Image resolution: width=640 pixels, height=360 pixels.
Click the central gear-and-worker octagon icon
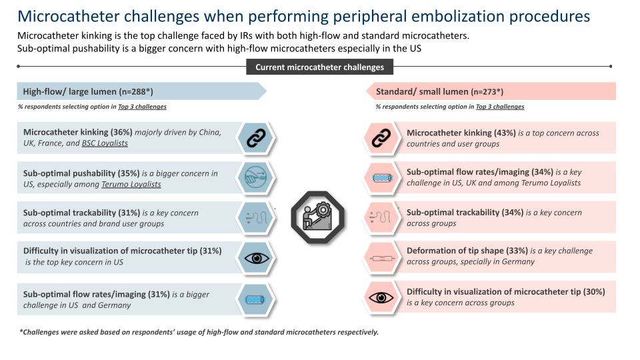(x=317, y=217)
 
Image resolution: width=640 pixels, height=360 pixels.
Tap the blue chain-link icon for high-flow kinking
(x=256, y=138)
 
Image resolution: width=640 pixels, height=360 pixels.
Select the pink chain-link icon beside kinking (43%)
(x=381, y=138)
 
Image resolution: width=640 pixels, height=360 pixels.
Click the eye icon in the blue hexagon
(x=256, y=258)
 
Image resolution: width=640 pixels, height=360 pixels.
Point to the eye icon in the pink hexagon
(x=381, y=297)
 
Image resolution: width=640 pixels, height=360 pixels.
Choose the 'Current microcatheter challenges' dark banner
(x=319, y=67)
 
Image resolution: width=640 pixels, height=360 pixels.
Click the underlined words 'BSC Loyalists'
(x=105, y=143)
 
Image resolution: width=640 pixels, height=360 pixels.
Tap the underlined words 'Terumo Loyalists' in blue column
(x=131, y=185)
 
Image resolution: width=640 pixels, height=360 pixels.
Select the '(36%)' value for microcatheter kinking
(x=121, y=132)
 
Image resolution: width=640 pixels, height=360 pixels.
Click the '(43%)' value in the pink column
(x=505, y=133)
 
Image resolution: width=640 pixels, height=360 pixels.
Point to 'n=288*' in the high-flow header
(x=135, y=92)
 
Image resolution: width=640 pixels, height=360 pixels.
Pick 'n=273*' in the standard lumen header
(x=487, y=92)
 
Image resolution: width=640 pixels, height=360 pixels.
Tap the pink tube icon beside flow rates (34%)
(x=382, y=178)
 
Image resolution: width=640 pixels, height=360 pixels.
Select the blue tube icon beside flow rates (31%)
(x=255, y=299)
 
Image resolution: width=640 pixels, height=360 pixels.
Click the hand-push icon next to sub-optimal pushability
(x=255, y=177)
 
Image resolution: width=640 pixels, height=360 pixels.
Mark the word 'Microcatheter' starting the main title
(x=67, y=16)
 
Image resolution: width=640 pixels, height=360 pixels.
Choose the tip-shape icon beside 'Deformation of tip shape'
(x=382, y=259)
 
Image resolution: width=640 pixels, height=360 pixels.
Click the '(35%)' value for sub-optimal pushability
(x=129, y=173)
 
